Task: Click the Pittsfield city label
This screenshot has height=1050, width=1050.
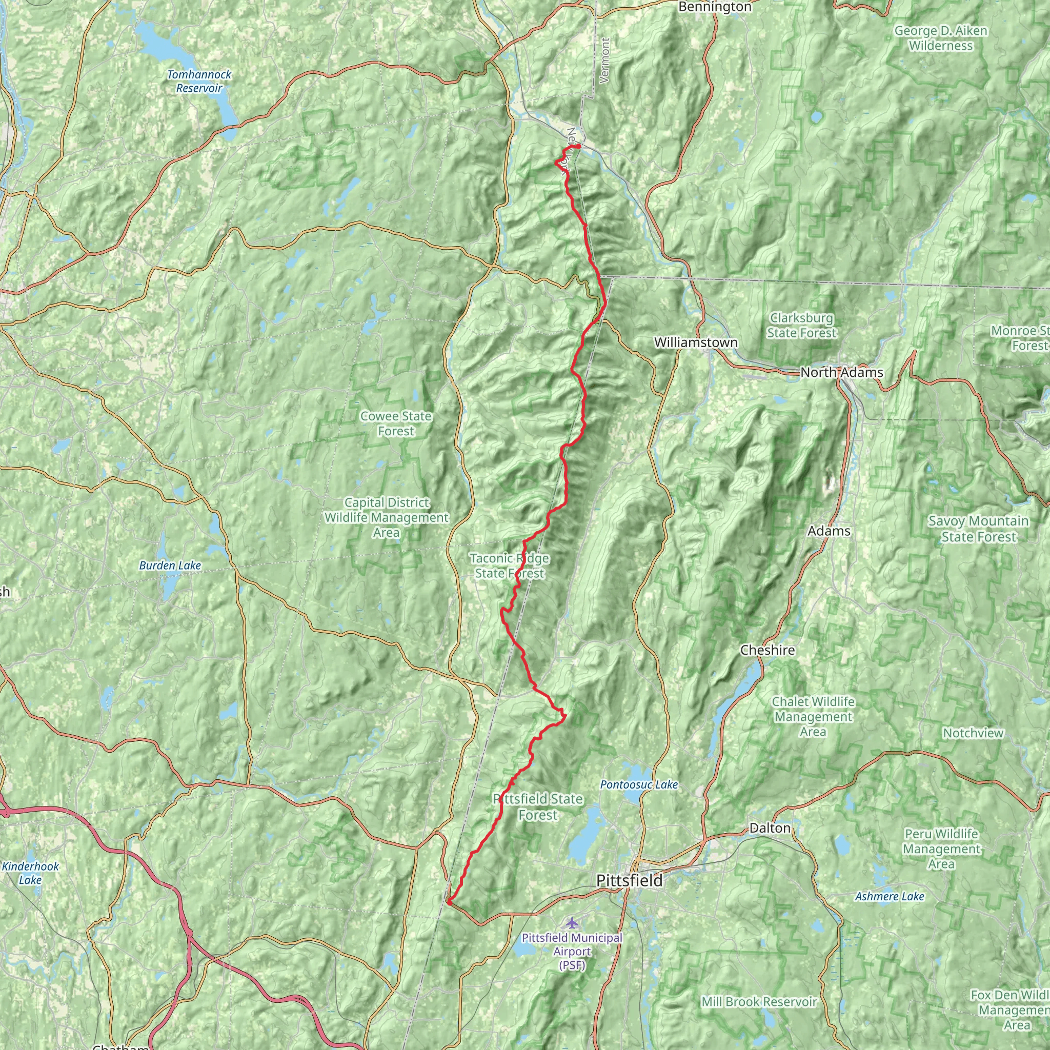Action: point(630,880)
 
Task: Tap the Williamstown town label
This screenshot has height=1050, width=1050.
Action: point(696,342)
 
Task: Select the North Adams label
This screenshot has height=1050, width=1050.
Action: point(841,372)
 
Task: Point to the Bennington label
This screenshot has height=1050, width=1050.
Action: point(715,7)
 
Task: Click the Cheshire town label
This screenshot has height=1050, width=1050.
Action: point(768,650)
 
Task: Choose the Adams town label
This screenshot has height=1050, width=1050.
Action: point(829,531)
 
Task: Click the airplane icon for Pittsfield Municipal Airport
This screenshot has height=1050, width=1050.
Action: point(571,922)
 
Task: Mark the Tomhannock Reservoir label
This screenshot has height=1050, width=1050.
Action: point(199,81)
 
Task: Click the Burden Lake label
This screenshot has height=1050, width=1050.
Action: point(170,566)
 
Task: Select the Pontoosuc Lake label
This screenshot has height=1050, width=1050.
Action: point(639,784)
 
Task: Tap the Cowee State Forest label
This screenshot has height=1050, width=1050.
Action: point(396,423)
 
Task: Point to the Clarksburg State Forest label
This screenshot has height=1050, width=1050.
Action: point(802,325)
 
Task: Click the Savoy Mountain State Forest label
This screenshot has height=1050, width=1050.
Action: point(978,529)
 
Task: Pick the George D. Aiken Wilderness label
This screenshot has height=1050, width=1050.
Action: point(941,38)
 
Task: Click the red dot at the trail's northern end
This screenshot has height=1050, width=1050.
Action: point(578,146)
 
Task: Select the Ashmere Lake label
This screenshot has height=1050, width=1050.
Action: point(890,896)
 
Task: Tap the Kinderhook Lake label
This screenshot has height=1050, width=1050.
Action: point(30,873)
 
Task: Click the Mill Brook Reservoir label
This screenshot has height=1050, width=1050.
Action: point(759,1002)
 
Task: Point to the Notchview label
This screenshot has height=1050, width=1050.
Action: point(973,733)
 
